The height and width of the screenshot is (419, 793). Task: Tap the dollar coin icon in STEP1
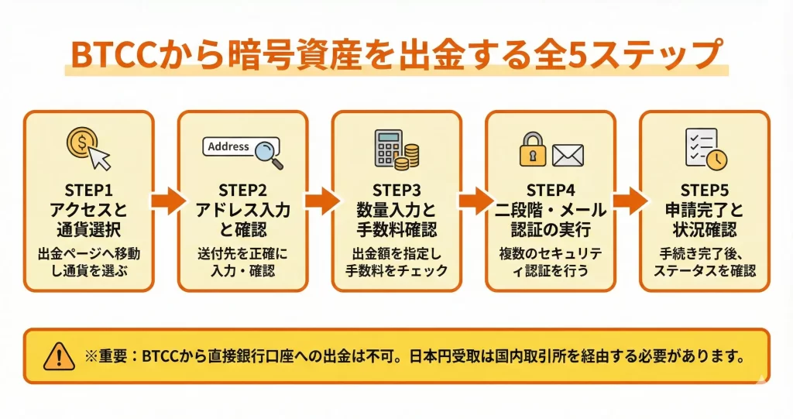point(81,143)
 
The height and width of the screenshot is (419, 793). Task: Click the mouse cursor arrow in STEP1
point(100,157)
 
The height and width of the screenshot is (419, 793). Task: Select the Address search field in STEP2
point(229,146)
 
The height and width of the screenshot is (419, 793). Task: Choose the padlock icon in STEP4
point(532,150)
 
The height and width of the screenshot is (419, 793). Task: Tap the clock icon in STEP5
point(716,159)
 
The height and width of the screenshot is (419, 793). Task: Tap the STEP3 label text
point(396,191)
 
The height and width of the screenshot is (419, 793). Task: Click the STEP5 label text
point(705,191)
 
